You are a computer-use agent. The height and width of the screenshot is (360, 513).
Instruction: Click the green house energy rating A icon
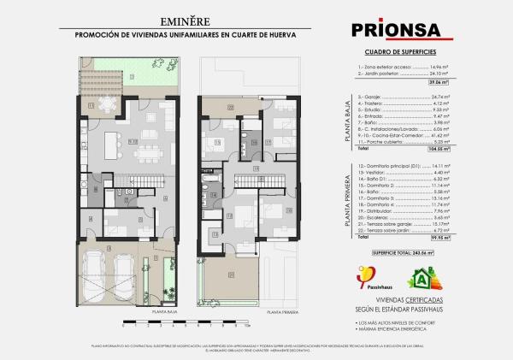(422, 278)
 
